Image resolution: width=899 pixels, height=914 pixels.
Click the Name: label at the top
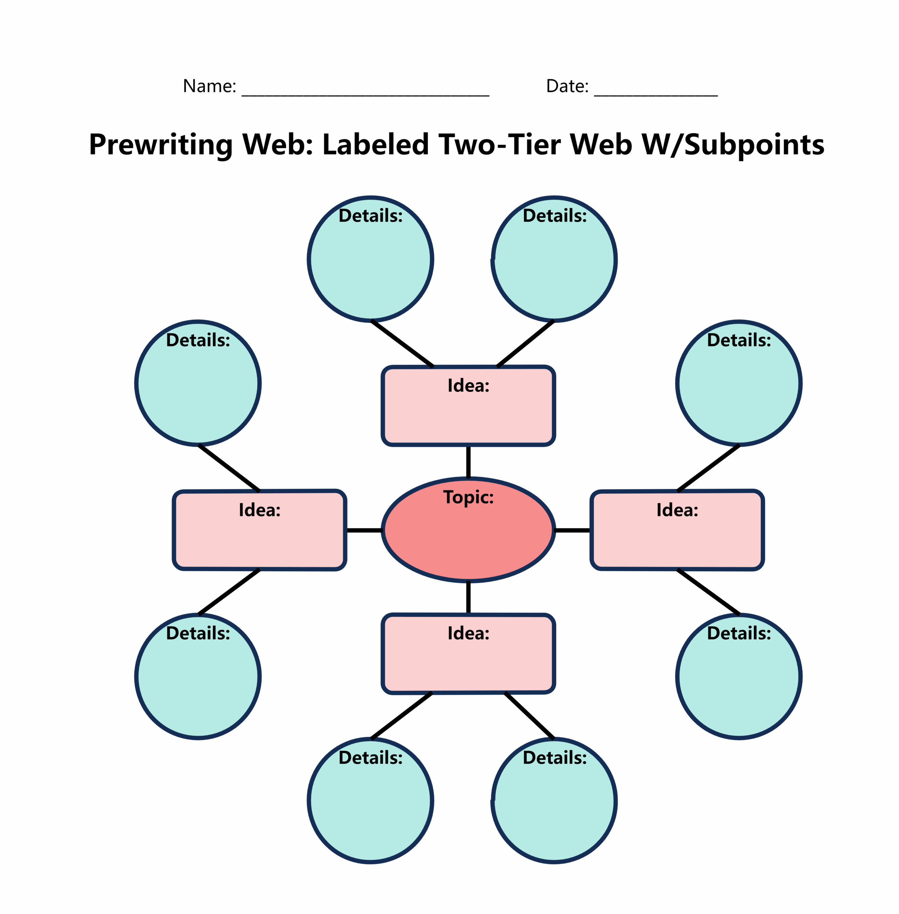[209, 86]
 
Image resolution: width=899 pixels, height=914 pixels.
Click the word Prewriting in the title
[160, 145]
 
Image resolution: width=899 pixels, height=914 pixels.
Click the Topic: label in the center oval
[468, 497]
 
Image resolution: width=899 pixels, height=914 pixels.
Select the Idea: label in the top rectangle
[468, 386]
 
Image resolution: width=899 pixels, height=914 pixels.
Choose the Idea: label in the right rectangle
[677, 510]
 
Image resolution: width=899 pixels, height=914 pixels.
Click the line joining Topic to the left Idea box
[364, 531]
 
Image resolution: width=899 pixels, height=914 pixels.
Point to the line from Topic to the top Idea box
[468, 462]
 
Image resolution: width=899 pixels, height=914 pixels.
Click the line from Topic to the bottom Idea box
[468, 598]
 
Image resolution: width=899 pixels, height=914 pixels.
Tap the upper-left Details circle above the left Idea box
[198, 383]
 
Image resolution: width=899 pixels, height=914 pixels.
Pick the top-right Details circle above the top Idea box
[554, 259]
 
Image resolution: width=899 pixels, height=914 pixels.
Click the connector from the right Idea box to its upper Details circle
[708, 468]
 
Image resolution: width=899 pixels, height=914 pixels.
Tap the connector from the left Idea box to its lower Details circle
[229, 592]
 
